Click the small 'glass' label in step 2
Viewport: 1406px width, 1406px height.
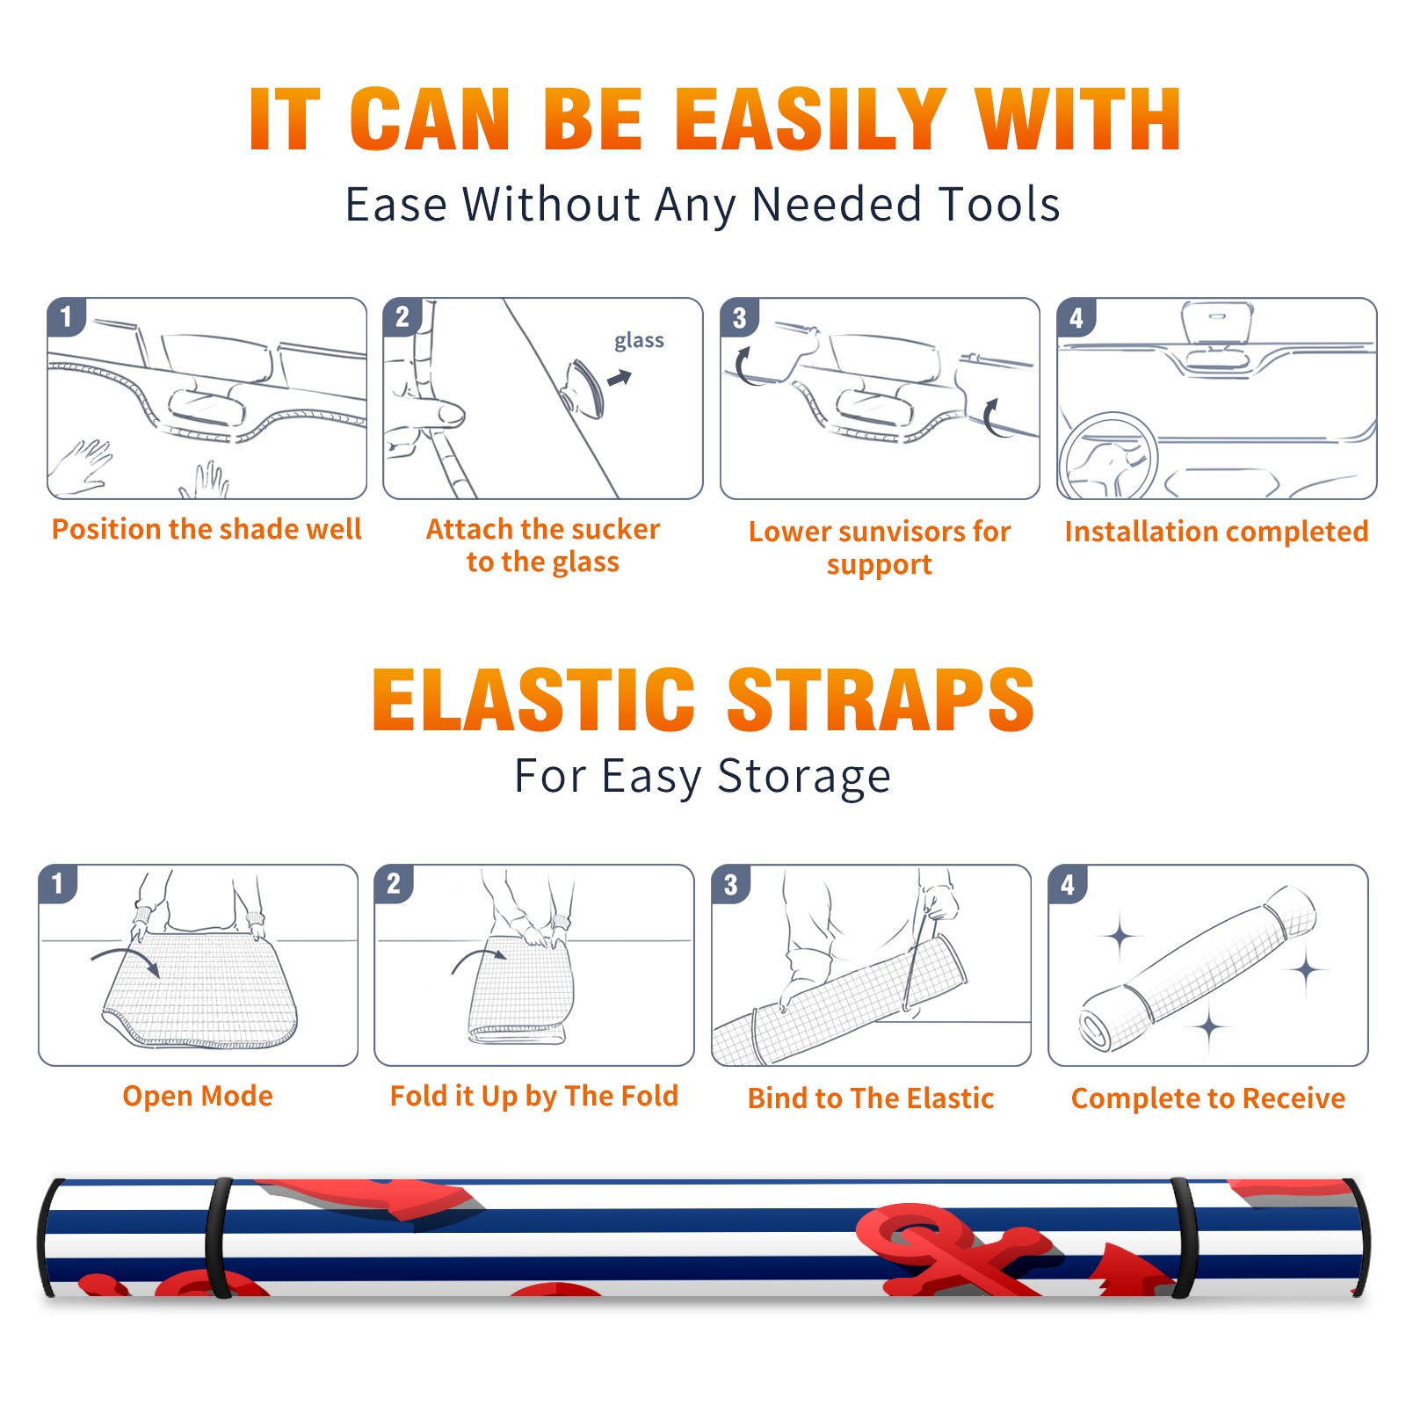[x=639, y=341]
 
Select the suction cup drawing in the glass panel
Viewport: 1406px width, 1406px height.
[x=584, y=388]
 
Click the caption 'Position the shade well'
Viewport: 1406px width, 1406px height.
[x=207, y=529]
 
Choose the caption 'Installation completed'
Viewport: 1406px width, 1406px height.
[x=1216, y=532]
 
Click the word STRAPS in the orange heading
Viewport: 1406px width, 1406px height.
[x=881, y=699]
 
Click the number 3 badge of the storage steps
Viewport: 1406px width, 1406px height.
[x=730, y=885]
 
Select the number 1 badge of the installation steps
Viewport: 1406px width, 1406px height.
[x=67, y=316]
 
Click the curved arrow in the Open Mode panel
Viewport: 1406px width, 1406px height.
[x=126, y=958]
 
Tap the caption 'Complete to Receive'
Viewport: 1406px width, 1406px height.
[x=1208, y=1098]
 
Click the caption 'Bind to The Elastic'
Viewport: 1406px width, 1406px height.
[x=871, y=1098]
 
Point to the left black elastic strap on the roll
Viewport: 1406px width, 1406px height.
[x=218, y=1238]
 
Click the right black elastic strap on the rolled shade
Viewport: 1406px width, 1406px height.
[x=1185, y=1238]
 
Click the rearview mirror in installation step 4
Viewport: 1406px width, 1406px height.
[x=1216, y=323]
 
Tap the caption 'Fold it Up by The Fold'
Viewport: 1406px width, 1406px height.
[x=534, y=1097]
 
